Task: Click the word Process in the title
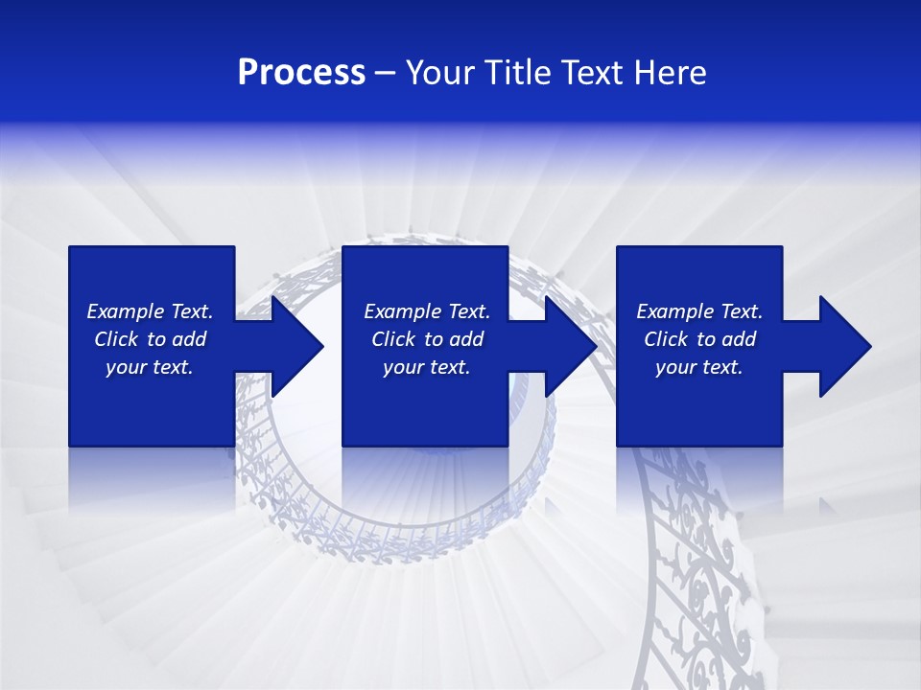coord(301,73)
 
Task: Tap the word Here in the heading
coord(669,73)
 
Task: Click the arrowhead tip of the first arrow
coord(322,346)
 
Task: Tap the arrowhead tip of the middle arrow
coord(596,346)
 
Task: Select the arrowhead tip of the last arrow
coord(869,346)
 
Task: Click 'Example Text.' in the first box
coord(150,311)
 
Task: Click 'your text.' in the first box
coord(150,367)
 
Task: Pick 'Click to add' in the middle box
coord(427,339)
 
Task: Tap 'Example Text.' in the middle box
coord(427,311)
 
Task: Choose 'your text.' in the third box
coord(699,367)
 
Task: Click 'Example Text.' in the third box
coord(699,311)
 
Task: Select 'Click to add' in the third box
coord(699,339)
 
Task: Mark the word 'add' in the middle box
coord(465,339)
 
